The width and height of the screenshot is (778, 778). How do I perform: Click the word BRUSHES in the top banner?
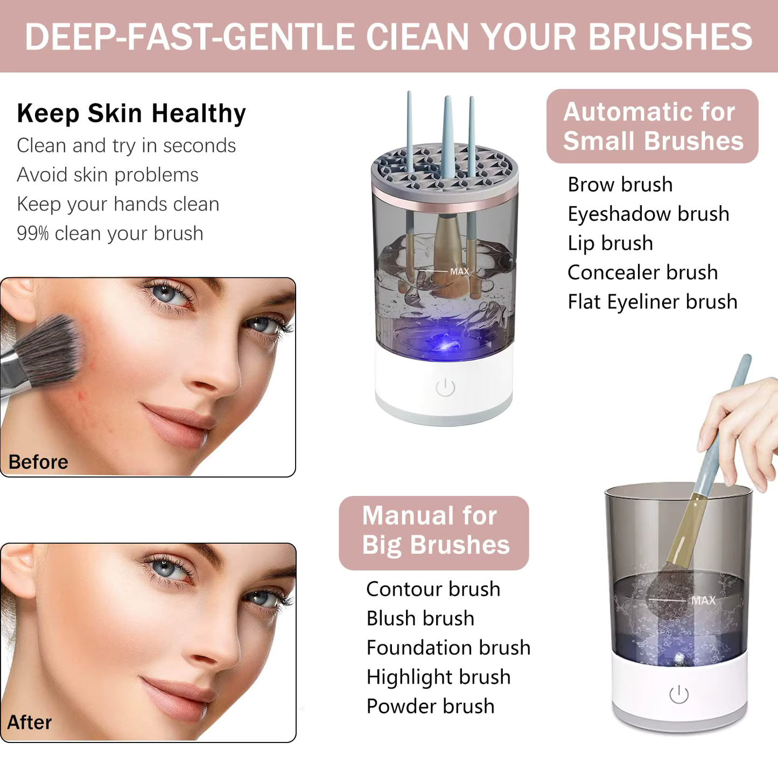tap(670, 37)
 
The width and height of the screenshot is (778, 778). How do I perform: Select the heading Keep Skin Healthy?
tap(131, 114)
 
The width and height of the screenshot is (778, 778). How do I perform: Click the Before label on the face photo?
tap(38, 462)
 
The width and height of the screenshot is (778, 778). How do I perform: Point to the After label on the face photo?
tap(30, 722)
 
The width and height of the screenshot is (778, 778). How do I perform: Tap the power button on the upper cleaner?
tap(445, 387)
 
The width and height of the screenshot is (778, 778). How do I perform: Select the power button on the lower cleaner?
tap(679, 695)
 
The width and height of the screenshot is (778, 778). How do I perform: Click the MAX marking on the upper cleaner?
tap(459, 271)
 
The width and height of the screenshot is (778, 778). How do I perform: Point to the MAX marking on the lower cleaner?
tap(703, 600)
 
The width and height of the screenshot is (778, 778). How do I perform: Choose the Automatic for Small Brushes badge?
tap(653, 127)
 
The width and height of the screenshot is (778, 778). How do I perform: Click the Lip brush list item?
tap(610, 243)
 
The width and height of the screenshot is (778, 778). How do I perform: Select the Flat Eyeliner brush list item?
tap(652, 302)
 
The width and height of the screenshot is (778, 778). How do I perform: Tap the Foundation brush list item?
tap(448, 648)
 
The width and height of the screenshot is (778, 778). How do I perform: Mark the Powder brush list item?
tap(430, 706)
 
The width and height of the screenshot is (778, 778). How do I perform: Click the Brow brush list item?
tap(620, 185)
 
